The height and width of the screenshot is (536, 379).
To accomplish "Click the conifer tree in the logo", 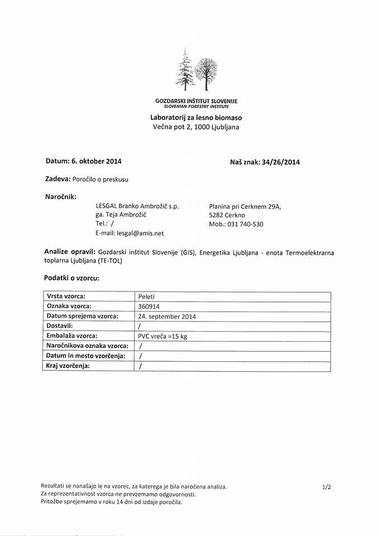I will click(x=185, y=71).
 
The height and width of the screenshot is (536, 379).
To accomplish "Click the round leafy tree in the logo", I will click(x=205, y=71).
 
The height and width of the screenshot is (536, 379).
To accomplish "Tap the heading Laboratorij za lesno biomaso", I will click(x=196, y=118).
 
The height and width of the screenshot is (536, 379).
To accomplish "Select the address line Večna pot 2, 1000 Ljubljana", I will click(x=196, y=127).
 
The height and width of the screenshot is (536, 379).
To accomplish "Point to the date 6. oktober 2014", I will click(x=96, y=161).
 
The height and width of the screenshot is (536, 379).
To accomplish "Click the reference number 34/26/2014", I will click(x=281, y=162).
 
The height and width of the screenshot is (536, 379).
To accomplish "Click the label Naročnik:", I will click(x=60, y=197).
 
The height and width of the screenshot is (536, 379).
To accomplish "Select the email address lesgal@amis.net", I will click(x=139, y=233).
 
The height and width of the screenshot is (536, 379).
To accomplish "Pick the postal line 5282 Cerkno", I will click(x=227, y=215).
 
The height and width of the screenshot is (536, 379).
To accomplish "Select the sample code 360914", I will click(x=148, y=307).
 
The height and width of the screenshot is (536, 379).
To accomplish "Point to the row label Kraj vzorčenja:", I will click(x=68, y=366).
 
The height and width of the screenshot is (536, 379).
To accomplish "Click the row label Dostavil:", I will click(x=60, y=326).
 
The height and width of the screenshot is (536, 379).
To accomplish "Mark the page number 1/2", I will click(x=327, y=487).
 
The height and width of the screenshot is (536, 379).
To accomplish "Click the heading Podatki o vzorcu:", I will click(x=71, y=277).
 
